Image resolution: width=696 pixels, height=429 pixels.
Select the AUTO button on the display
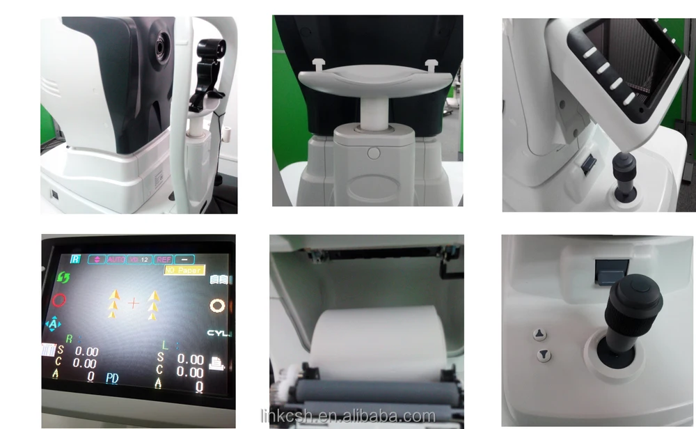[x=116, y=259]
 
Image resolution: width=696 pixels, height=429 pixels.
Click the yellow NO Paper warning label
[x=184, y=270]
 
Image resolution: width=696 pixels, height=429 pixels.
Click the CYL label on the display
[x=219, y=334]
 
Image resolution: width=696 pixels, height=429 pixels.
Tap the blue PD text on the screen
[x=112, y=378]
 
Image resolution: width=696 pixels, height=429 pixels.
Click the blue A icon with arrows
[x=53, y=324]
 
